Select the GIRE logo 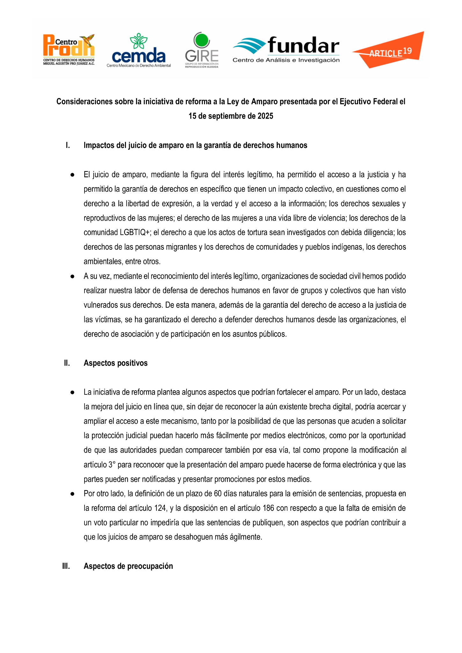202,50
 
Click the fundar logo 286,49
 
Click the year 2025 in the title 265,116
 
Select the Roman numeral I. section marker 68,145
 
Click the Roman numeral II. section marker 67,363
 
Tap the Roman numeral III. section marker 66,566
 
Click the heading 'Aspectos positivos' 115,363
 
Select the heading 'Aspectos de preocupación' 128,566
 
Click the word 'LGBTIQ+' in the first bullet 134,232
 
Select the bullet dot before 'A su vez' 73,276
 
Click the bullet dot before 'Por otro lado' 73,494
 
